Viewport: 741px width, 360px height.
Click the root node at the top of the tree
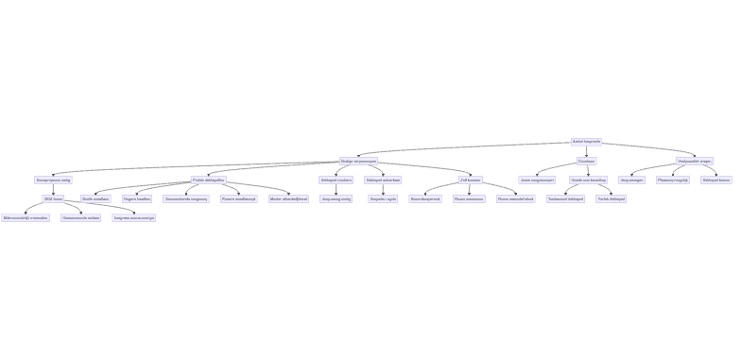point(586,142)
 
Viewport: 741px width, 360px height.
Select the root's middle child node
point(586,161)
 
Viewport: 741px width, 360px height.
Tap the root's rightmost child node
point(694,161)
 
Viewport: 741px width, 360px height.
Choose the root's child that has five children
point(358,161)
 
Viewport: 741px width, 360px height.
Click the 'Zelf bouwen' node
point(470,180)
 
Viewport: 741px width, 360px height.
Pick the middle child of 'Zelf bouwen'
point(468,198)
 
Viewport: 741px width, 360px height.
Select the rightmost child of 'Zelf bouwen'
point(515,198)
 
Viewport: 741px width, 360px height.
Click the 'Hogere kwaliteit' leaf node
point(136,198)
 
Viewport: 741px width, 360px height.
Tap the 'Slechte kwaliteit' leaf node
point(95,198)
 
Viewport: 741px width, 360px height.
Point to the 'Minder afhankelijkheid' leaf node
point(288,198)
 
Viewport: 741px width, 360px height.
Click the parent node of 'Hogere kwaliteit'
point(208,180)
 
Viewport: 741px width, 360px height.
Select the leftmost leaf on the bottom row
point(26,217)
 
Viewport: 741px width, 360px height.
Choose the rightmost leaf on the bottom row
point(133,217)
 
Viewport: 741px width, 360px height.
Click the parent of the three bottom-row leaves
point(53,198)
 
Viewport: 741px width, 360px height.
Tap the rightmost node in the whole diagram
point(715,180)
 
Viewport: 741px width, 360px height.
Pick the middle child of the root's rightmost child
point(672,180)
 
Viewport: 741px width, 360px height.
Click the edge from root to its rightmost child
point(643,150)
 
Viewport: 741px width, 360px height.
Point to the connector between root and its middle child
point(586,151)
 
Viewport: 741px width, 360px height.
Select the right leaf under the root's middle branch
point(611,198)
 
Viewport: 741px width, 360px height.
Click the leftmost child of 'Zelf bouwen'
point(424,198)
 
